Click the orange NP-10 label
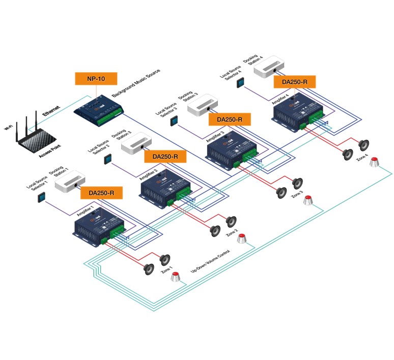coord(96,78)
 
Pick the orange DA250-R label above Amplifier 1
coord(104,193)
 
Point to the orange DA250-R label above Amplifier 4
coord(294,81)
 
